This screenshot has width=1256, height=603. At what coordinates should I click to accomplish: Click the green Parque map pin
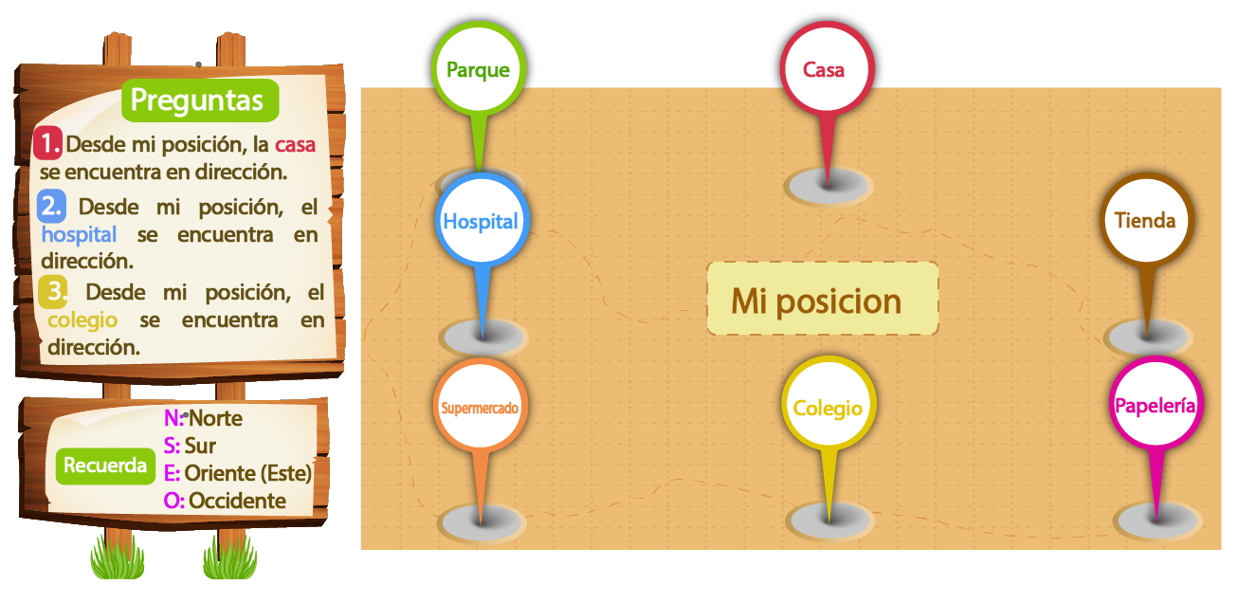coord(479,69)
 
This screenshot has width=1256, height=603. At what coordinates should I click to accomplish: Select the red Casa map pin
coord(827,69)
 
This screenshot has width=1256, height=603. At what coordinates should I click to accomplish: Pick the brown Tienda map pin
coord(1147,220)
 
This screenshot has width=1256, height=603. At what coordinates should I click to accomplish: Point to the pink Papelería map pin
coord(1156,404)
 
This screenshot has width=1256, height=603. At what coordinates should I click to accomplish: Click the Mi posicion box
coord(823,299)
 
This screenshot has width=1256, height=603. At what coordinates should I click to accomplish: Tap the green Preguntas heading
coord(200,100)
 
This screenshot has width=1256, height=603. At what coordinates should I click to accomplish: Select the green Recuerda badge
coord(105,466)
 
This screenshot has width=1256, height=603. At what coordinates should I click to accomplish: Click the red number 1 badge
coord(47,143)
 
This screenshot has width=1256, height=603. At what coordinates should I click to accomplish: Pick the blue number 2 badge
coord(51,206)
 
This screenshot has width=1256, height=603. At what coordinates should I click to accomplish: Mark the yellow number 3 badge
coord(53,291)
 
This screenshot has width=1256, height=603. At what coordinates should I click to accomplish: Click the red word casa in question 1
coord(295,145)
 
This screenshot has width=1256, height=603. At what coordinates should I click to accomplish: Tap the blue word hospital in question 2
coord(79,234)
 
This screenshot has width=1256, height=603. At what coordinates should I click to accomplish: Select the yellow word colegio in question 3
coord(82,320)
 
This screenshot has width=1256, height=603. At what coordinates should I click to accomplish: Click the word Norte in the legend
coord(215,418)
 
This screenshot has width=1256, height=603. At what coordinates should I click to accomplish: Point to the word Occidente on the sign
coord(237,501)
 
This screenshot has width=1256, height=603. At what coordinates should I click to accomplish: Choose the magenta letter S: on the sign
coord(172,446)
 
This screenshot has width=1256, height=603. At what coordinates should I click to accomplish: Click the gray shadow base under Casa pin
coord(828,186)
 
